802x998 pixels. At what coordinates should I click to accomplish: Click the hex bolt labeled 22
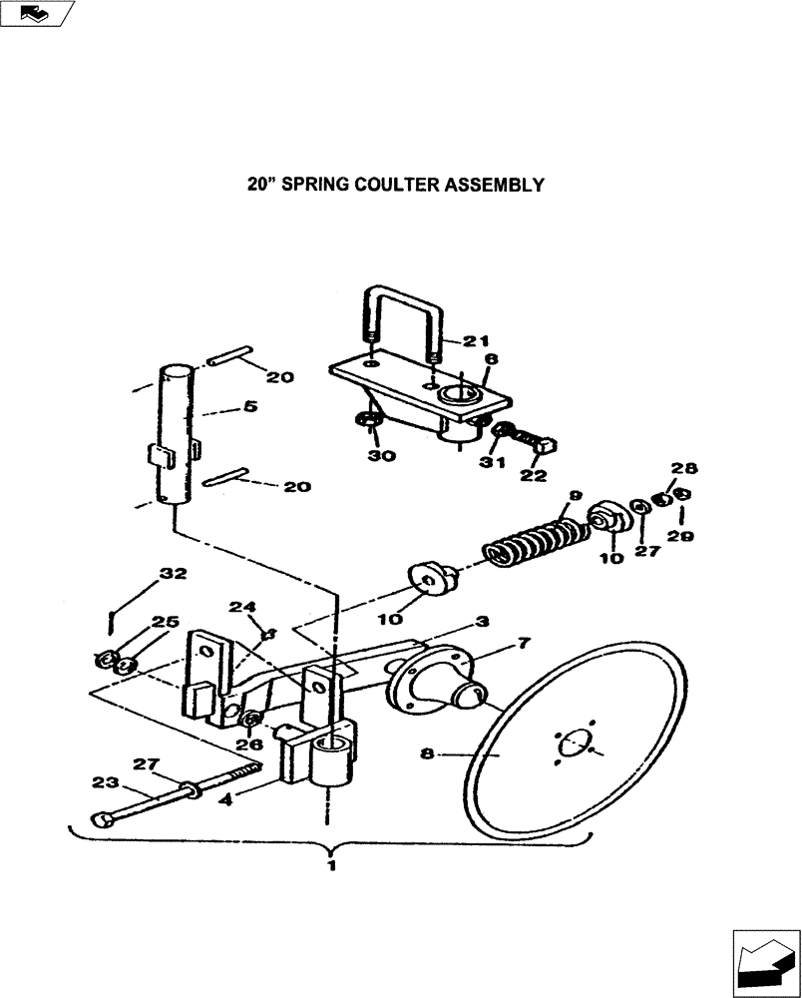point(540,447)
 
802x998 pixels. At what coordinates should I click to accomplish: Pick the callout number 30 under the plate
point(382,456)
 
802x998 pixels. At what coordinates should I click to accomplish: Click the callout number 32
point(173,574)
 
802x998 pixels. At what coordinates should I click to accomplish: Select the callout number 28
point(677,467)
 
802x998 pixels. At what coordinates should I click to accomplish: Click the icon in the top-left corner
point(37,14)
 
